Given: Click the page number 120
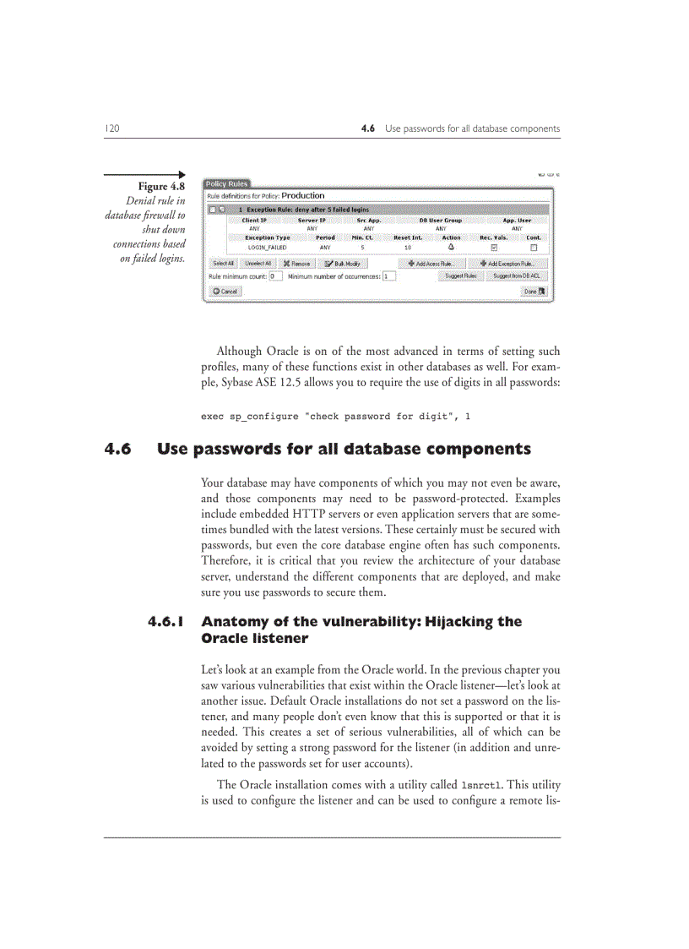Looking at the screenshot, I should tap(111, 128).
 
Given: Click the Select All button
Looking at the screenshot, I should tap(223, 263).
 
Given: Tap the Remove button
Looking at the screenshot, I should tap(296, 263).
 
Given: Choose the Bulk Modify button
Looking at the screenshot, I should tap(342, 263).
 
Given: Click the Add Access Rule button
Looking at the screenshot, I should tap(436, 263).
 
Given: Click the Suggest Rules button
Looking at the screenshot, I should tap(461, 275).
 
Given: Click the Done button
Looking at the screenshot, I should tap(534, 292).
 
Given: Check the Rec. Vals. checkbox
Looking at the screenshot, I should tap(494, 248).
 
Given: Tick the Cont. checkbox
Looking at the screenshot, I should tap(534, 248).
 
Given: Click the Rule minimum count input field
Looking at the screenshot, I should tap(275, 275).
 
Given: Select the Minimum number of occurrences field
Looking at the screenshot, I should tap(388, 275).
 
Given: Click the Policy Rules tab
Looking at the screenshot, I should tap(226, 183).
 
